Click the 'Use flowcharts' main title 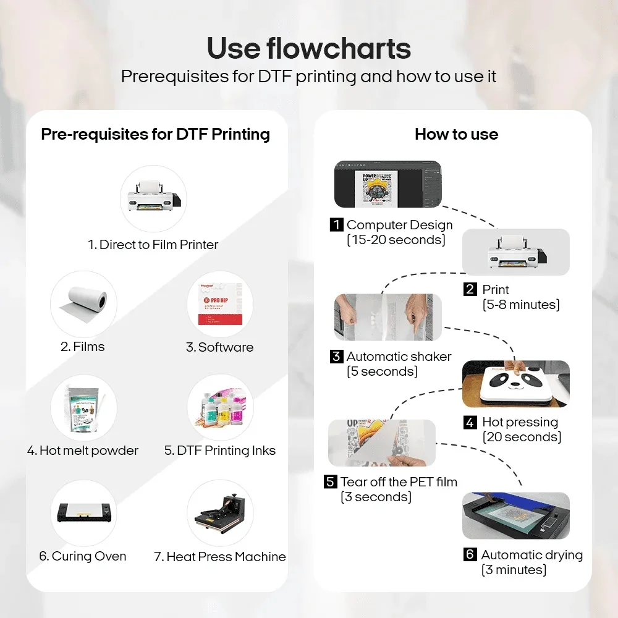click(x=308, y=48)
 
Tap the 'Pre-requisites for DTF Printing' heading click(x=155, y=134)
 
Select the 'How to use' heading click(x=456, y=134)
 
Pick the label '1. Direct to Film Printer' click(x=153, y=245)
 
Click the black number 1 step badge click(x=336, y=225)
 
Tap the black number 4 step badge click(x=471, y=423)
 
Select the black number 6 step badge click(x=470, y=555)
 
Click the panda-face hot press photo click(x=516, y=384)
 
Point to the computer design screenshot click(x=387, y=184)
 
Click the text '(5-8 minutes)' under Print click(x=521, y=305)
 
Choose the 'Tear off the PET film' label click(x=399, y=482)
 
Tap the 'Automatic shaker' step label click(x=399, y=357)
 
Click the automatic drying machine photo click(x=515, y=515)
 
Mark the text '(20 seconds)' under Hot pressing click(x=522, y=437)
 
